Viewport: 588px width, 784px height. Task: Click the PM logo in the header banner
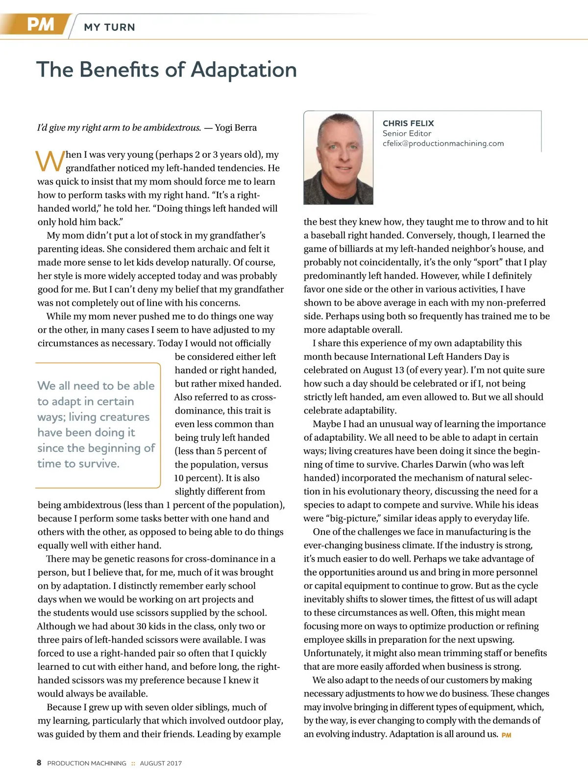click(40, 24)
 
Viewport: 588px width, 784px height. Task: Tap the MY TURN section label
click(109, 27)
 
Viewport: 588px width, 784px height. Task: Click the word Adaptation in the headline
click(244, 70)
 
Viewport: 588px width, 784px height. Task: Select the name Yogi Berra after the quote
click(236, 128)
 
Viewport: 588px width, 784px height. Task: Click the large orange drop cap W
click(50, 161)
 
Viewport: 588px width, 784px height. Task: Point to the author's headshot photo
click(339, 158)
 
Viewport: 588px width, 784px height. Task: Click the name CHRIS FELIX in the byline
click(408, 123)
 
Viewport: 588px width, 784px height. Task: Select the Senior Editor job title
click(407, 133)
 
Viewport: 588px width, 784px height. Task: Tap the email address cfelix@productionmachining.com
click(443, 144)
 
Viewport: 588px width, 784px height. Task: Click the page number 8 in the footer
click(39, 762)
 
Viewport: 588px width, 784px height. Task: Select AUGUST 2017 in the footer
click(161, 763)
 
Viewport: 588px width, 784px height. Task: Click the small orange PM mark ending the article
click(506, 735)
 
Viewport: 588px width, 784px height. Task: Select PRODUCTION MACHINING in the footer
click(87, 763)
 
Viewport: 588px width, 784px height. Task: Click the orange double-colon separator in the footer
click(133, 763)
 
